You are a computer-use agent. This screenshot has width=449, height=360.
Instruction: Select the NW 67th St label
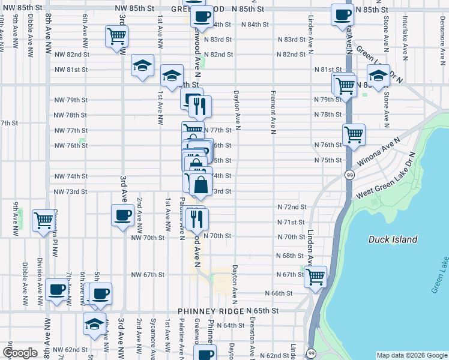click(x=148, y=275)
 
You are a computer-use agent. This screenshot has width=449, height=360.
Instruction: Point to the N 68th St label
click(x=290, y=256)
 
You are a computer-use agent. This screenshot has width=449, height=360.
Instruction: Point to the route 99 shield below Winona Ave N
click(x=349, y=174)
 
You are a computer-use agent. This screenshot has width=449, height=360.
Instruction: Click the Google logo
click(x=21, y=353)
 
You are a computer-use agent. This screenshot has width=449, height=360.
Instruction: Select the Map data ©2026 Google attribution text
click(x=411, y=355)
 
